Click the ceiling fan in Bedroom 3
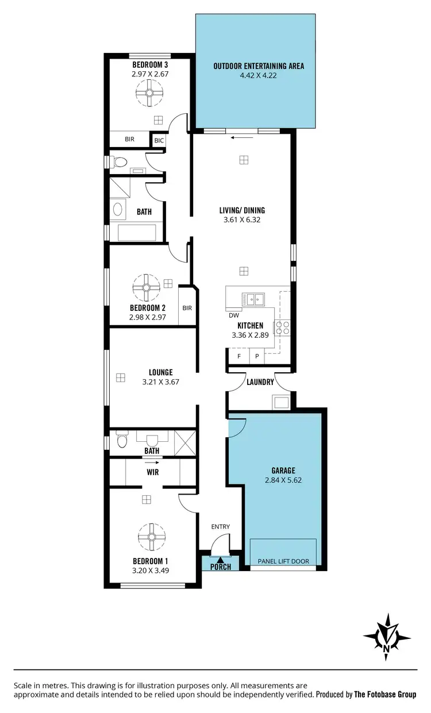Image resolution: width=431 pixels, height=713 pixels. tap(149, 93)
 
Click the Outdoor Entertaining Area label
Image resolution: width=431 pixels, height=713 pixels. tap(258, 66)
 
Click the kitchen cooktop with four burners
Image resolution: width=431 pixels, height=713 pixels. tap(283, 328)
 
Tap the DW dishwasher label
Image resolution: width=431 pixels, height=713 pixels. tap(233, 315)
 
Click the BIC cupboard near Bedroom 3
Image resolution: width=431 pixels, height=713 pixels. tap(158, 140)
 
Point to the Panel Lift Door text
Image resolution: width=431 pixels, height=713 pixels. tap(283, 561)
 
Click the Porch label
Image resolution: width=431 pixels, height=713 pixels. tap(221, 567)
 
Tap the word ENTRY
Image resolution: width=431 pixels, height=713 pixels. tap(220, 526)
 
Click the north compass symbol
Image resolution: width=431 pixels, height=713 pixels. tap(387, 636)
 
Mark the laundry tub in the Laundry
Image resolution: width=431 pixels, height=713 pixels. tap(282, 401)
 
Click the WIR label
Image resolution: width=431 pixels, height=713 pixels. tap(152, 472)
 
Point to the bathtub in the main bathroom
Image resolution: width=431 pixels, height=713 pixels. tap(137, 233)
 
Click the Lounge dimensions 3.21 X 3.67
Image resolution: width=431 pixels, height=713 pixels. tap(160, 381)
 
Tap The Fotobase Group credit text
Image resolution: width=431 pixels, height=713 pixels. tap(384, 694)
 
